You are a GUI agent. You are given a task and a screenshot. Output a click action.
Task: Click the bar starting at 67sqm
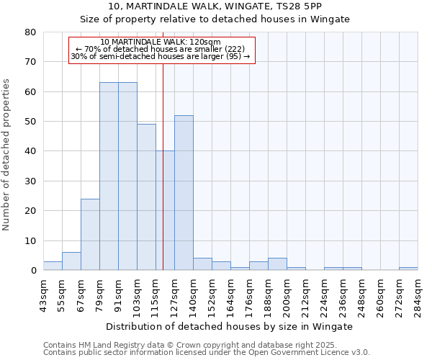(90, 235)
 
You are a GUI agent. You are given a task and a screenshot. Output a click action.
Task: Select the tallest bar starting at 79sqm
(109, 176)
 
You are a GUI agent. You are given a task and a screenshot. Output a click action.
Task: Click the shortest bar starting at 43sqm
(53, 266)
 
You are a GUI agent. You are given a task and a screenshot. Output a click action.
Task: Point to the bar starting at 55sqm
(71, 261)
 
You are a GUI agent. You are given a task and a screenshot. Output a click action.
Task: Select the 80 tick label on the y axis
(30, 32)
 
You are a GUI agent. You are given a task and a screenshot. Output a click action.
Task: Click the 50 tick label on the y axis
(30, 122)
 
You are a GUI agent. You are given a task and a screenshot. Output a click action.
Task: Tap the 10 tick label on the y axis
(30, 240)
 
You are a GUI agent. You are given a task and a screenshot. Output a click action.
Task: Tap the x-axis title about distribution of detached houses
(230, 326)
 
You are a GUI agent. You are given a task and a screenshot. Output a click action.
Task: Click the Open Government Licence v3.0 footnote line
(206, 353)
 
